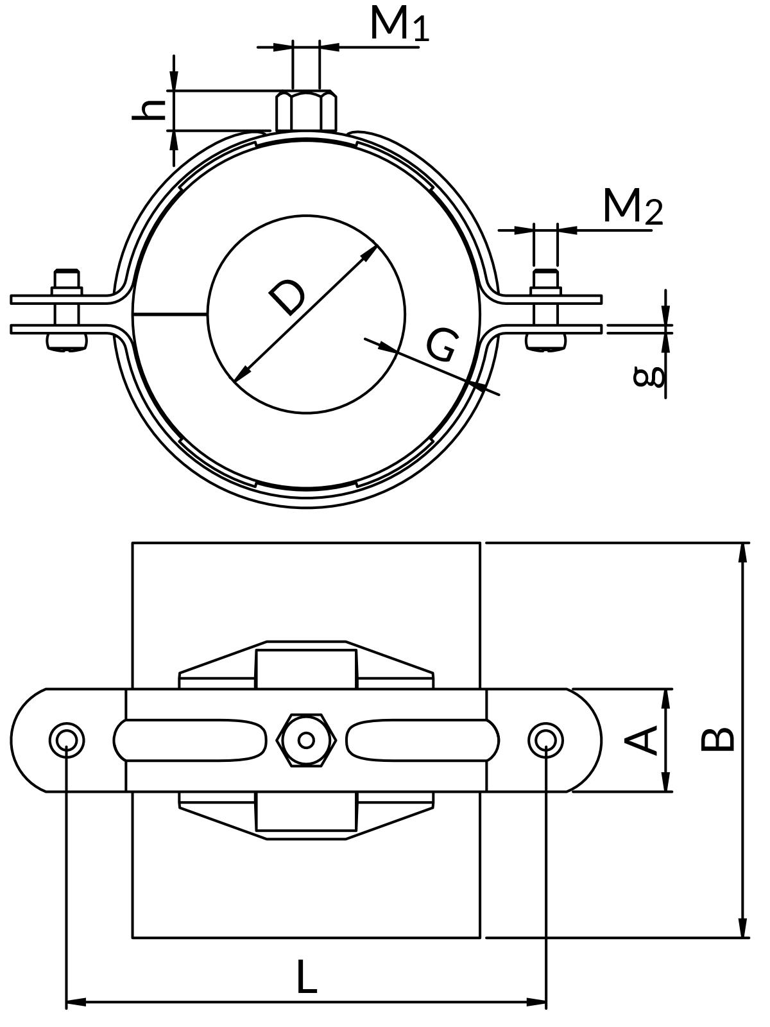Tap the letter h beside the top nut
pyautogui.click(x=149, y=110)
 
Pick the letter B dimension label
pyautogui.click(x=717, y=739)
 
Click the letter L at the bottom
pyautogui.click(x=307, y=978)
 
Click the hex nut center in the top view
pyautogui.click(x=307, y=740)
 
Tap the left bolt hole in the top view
pyautogui.click(x=67, y=740)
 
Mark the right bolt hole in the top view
pyautogui.click(x=546, y=740)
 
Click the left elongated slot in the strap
pyautogui.click(x=190, y=740)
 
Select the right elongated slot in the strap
pyautogui.click(x=422, y=740)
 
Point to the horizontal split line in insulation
pyautogui.click(x=170, y=315)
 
